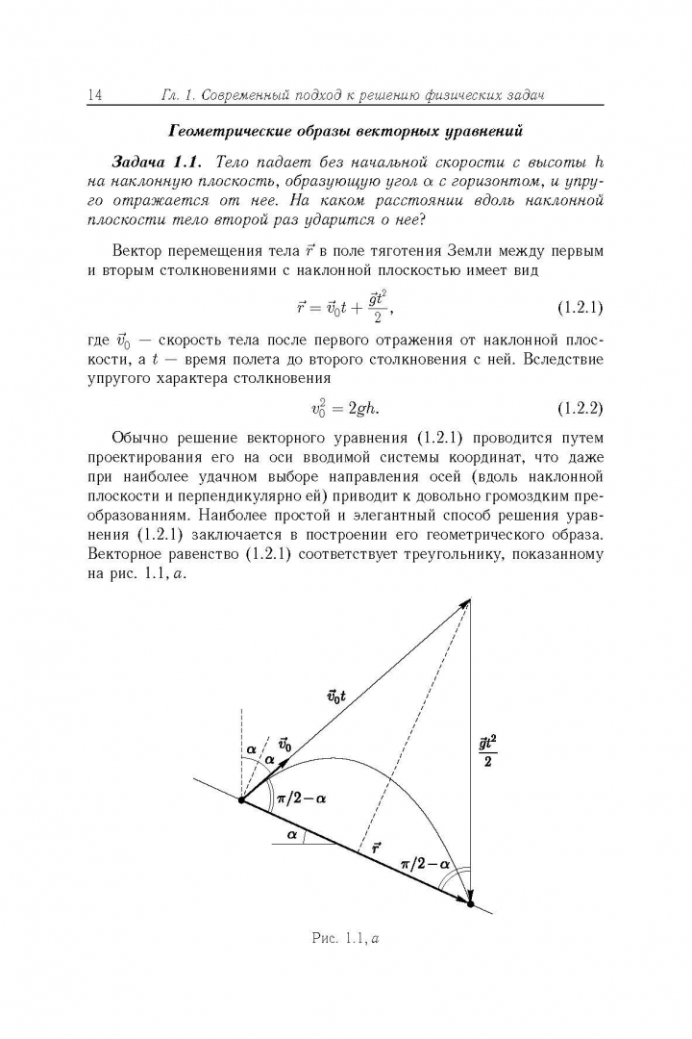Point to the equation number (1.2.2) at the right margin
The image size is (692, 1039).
pos(580,407)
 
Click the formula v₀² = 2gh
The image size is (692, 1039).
pos(345,407)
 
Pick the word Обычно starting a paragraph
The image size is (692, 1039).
pos(142,434)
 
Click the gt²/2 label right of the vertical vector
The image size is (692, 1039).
pos(488,750)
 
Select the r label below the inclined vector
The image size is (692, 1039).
pos(376,848)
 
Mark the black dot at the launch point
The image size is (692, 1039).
pos(241,798)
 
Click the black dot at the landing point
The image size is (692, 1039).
pos(470,903)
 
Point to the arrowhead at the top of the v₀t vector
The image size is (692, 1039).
pos(467,601)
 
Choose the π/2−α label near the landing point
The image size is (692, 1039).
pos(426,864)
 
